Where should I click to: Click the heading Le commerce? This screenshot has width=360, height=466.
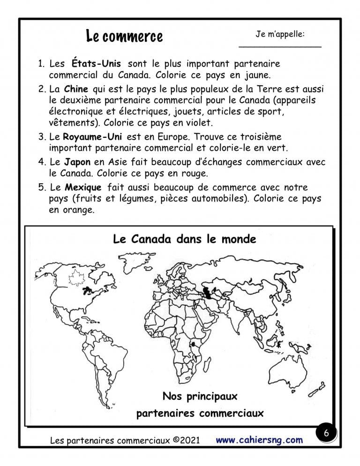pos(124,36)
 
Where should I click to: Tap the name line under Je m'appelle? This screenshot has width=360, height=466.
pos(280,46)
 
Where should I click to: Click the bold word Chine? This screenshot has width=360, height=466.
pos(76,89)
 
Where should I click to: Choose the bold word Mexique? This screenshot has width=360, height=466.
pos(83,186)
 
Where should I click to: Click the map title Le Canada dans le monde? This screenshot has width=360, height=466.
pos(185,239)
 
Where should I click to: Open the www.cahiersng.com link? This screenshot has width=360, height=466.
pos(259,440)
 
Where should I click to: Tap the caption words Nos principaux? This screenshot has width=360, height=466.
pos(200,397)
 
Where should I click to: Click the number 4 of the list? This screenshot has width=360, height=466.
pos(41,162)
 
